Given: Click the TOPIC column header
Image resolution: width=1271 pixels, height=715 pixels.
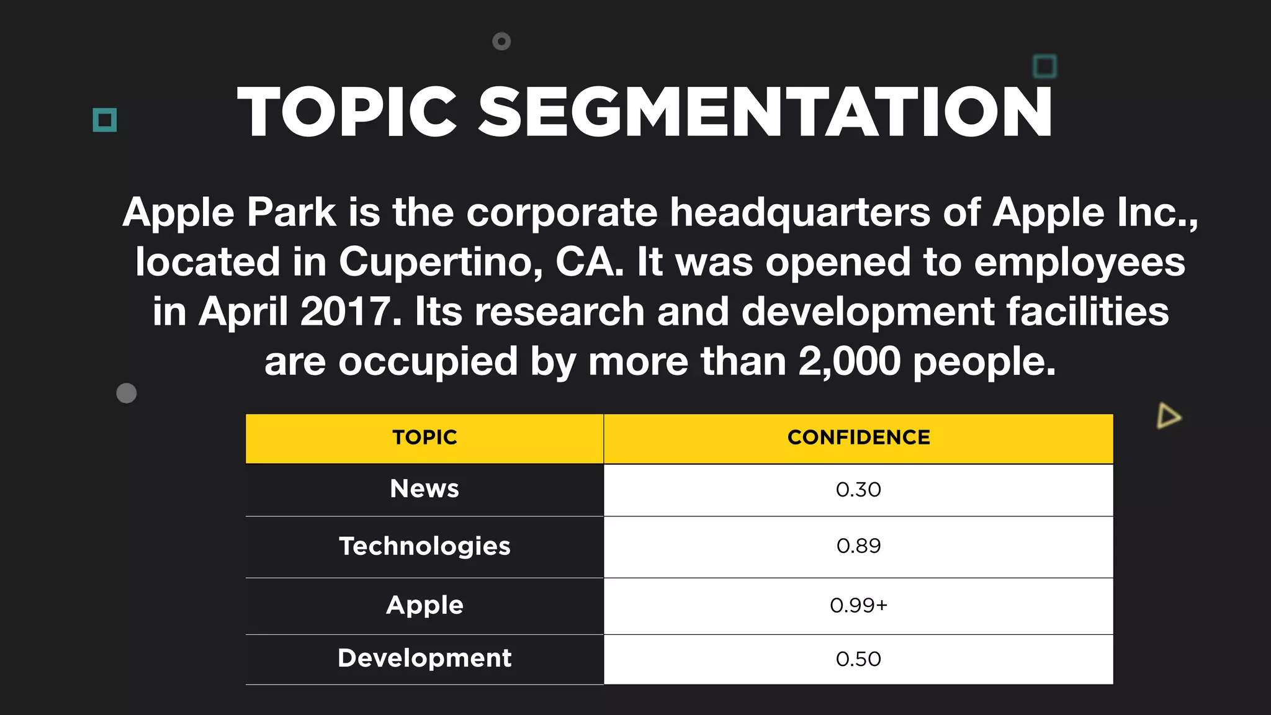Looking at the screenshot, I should pyautogui.click(x=424, y=438).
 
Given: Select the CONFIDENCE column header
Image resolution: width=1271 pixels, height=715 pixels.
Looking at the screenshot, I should pyautogui.click(x=858, y=438).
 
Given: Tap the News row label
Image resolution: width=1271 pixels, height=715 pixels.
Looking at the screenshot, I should pyautogui.click(x=424, y=489).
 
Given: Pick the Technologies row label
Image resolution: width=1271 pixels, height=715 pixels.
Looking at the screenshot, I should pyautogui.click(x=424, y=546).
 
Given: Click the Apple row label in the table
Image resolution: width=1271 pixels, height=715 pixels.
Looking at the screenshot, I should pyautogui.click(x=424, y=605).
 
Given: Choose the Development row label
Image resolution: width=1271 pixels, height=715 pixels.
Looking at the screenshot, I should pyautogui.click(x=424, y=659).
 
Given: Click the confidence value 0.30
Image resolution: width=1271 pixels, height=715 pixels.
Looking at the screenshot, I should pyautogui.click(x=858, y=490).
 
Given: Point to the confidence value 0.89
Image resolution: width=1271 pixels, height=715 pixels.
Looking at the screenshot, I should pyautogui.click(x=858, y=546).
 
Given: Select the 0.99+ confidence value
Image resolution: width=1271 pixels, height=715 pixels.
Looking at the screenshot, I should pyautogui.click(x=858, y=605).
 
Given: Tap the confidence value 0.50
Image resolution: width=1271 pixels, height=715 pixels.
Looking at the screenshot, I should pyautogui.click(x=858, y=659).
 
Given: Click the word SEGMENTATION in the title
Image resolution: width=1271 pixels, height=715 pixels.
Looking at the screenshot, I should pyautogui.click(x=765, y=112).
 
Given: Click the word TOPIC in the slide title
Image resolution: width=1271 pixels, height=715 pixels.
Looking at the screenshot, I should pyautogui.click(x=347, y=112).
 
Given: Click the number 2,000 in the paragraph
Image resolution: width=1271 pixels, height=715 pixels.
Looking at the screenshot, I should pyautogui.click(x=849, y=361).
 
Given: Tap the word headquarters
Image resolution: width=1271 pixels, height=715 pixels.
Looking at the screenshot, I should pyautogui.click(x=800, y=212).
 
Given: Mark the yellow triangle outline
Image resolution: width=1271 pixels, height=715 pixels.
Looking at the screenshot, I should pyautogui.click(x=1168, y=416).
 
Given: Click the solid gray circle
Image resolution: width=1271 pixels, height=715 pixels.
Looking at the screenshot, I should pyautogui.click(x=127, y=393).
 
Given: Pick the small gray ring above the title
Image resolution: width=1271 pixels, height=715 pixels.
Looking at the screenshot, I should pyautogui.click(x=501, y=42).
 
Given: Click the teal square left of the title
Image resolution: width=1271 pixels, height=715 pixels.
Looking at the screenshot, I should pyautogui.click(x=105, y=120).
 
